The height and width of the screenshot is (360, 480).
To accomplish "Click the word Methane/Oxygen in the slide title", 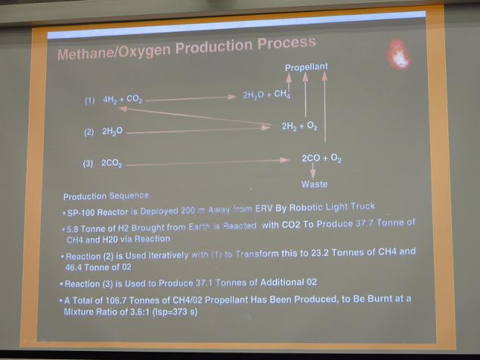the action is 113,51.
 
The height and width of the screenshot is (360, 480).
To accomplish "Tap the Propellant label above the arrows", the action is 306,67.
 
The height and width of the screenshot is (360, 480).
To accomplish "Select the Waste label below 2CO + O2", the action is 314,184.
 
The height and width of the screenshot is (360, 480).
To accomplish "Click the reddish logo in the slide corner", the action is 398,54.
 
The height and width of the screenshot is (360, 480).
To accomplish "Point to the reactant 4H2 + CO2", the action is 122,100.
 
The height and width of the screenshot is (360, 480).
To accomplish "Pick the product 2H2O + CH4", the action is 266,95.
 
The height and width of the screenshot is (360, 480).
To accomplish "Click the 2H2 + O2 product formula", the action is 299,126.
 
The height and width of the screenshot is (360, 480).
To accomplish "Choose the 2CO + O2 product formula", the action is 322,158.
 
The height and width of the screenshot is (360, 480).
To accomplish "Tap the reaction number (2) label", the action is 89,132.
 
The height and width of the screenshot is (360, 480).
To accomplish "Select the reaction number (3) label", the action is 88,163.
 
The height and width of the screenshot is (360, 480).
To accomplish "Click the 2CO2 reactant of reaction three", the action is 112,163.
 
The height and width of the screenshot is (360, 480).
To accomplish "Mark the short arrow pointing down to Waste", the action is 313,171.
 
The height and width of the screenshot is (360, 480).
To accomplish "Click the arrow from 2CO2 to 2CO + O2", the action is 208,163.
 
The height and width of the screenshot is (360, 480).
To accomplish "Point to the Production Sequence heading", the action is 106,196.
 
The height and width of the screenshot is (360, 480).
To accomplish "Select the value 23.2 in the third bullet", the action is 320,253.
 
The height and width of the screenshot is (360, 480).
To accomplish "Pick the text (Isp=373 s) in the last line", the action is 175,312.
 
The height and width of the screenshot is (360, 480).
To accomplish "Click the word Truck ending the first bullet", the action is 363,206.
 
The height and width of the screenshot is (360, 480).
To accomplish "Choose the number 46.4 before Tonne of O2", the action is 73,267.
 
